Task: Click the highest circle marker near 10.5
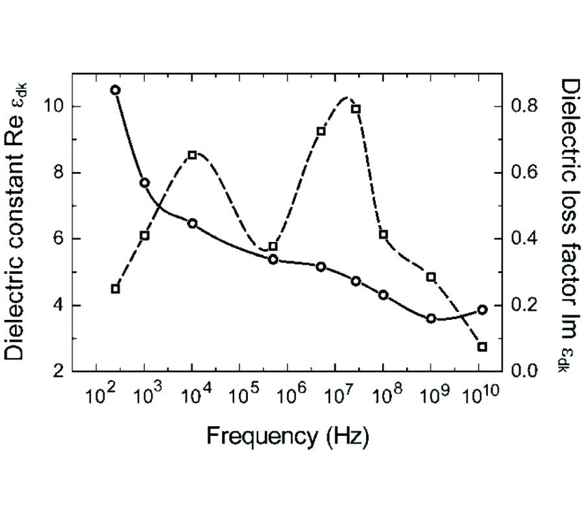click(x=116, y=90)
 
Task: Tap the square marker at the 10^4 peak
click(x=192, y=155)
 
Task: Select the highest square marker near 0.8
click(x=356, y=109)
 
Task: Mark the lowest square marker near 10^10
click(x=482, y=346)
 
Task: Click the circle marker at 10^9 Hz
click(x=431, y=319)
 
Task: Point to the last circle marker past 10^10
click(x=482, y=309)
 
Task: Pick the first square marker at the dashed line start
click(x=116, y=289)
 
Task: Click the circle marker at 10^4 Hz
click(x=192, y=223)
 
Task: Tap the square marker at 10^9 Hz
click(x=431, y=277)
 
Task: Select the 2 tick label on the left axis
click(x=59, y=372)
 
